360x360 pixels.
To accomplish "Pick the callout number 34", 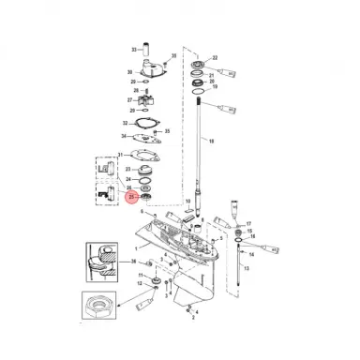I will point(124,137).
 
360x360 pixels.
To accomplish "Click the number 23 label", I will point(128,169).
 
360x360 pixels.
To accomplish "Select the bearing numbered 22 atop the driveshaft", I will point(200,66).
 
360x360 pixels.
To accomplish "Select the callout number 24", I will point(128,179).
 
